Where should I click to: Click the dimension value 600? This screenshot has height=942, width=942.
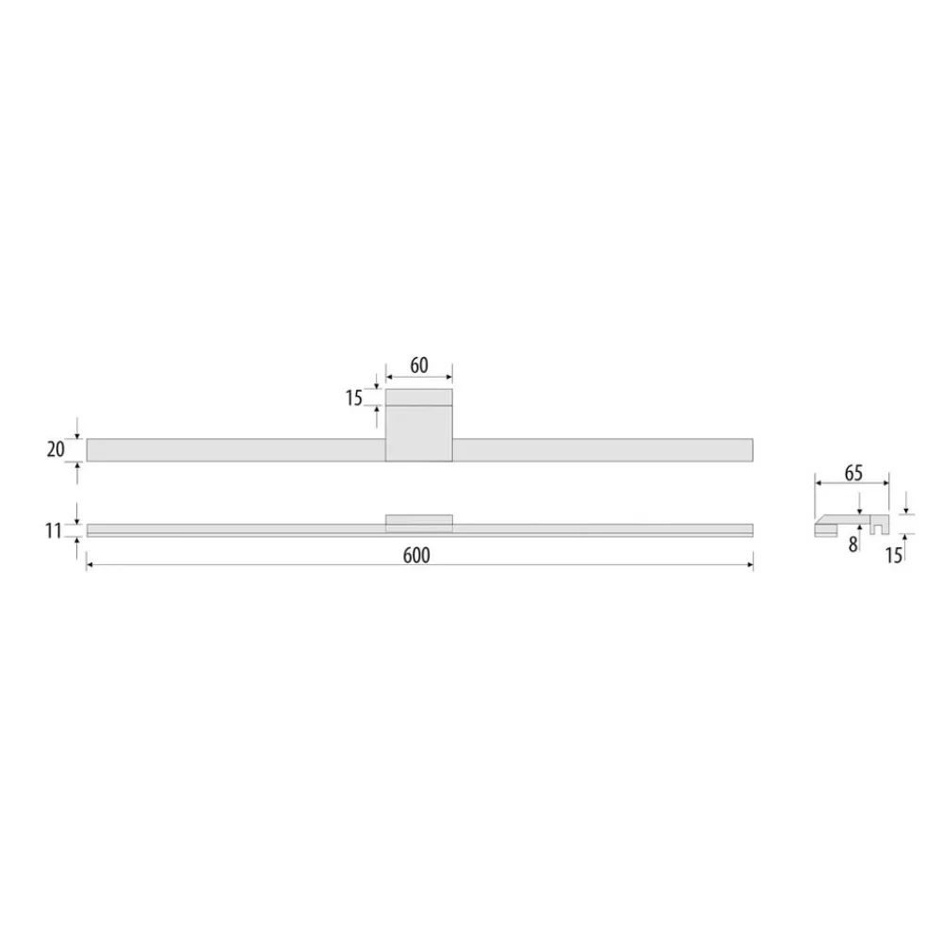[x=415, y=556]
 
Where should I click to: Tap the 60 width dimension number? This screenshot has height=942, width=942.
[x=419, y=365]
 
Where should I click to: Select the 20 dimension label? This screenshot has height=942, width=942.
[x=56, y=449]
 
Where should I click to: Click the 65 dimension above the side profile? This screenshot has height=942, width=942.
[x=853, y=474]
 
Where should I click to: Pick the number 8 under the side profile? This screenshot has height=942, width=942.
[x=853, y=544]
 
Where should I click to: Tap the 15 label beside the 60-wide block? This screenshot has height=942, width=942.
[x=353, y=398]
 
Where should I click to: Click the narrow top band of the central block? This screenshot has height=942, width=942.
[x=419, y=397]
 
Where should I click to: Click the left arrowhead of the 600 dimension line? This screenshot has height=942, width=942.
[x=89, y=565]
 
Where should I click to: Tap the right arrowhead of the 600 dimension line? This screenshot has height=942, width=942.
[x=750, y=565]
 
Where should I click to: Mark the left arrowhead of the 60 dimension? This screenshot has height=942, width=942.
[x=389, y=374]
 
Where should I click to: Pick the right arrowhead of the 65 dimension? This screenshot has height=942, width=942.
[x=885, y=483]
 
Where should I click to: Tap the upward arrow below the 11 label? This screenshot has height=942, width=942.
[x=77, y=543]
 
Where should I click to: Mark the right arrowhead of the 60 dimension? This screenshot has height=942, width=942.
[x=449, y=374]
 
